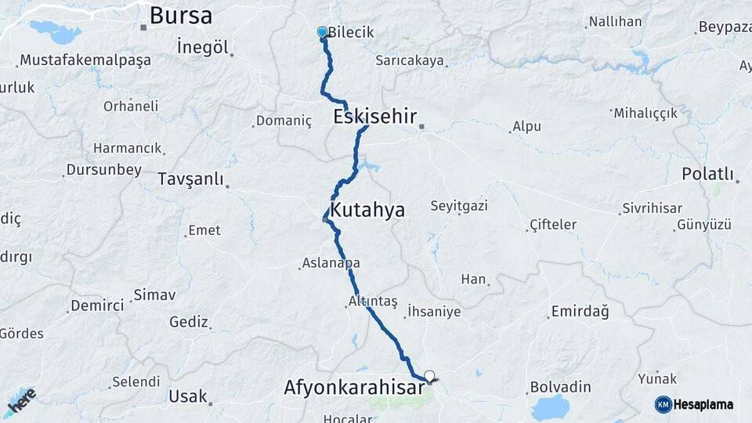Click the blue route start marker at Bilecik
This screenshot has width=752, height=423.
pos(322,32)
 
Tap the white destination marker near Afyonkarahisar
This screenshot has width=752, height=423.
pos(428,375)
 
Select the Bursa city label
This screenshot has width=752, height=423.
pos(180,15)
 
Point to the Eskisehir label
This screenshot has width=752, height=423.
pos(374,117)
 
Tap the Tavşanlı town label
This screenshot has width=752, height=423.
pos(190,178)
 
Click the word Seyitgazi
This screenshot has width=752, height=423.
pos(459,206)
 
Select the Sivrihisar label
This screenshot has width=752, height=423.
pos(652,208)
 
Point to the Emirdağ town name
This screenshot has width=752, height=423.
pos(580,311)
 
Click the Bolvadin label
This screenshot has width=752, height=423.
pos(561,387)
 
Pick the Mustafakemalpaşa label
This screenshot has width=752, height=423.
pos(85,60)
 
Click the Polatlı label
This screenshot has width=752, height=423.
pos(707,173)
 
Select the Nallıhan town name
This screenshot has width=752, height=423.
pos(615,21)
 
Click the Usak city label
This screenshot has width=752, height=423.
pos(188,396)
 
